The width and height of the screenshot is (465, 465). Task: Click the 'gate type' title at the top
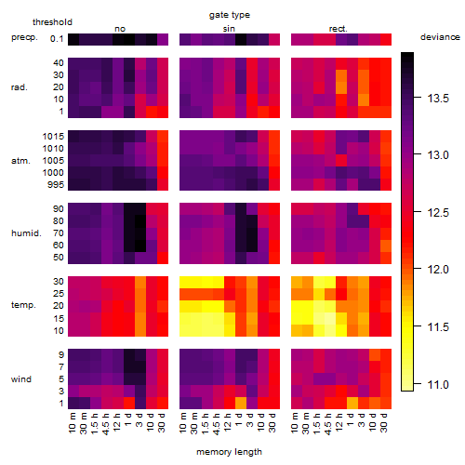pyautogui.click(x=230, y=15)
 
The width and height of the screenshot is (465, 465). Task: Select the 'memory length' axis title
pyautogui.click(x=229, y=452)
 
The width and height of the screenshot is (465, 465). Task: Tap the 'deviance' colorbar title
pyautogui.click(x=440, y=37)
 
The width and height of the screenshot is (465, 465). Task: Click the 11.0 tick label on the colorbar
pyautogui.click(x=438, y=385)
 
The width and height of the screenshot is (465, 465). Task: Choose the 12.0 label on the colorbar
pyautogui.click(x=438, y=270)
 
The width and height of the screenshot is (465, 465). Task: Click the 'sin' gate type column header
pyautogui.click(x=229, y=29)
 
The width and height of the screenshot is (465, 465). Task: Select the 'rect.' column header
pyautogui.click(x=338, y=29)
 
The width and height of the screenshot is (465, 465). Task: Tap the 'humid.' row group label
pyautogui.click(x=26, y=233)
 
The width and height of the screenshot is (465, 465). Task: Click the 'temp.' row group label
pyautogui.click(x=23, y=305)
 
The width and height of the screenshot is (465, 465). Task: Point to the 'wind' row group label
pyautogui.click(x=21, y=379)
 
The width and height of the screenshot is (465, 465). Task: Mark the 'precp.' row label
pyautogui.click(x=24, y=37)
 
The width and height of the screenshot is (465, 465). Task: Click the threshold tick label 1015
pyautogui.click(x=53, y=137)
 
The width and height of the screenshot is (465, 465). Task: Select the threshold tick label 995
pyautogui.click(x=56, y=185)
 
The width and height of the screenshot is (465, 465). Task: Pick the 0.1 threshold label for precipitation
pyautogui.click(x=57, y=39)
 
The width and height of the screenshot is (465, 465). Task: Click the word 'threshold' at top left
pyautogui.click(x=52, y=22)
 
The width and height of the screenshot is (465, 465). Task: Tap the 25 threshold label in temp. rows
pyautogui.click(x=59, y=293)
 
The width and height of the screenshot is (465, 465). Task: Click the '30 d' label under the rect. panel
pyautogui.click(x=384, y=423)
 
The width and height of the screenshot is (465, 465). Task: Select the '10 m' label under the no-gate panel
pyautogui.click(x=72, y=423)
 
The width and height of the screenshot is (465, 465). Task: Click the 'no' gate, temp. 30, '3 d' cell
pyautogui.click(x=140, y=282)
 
